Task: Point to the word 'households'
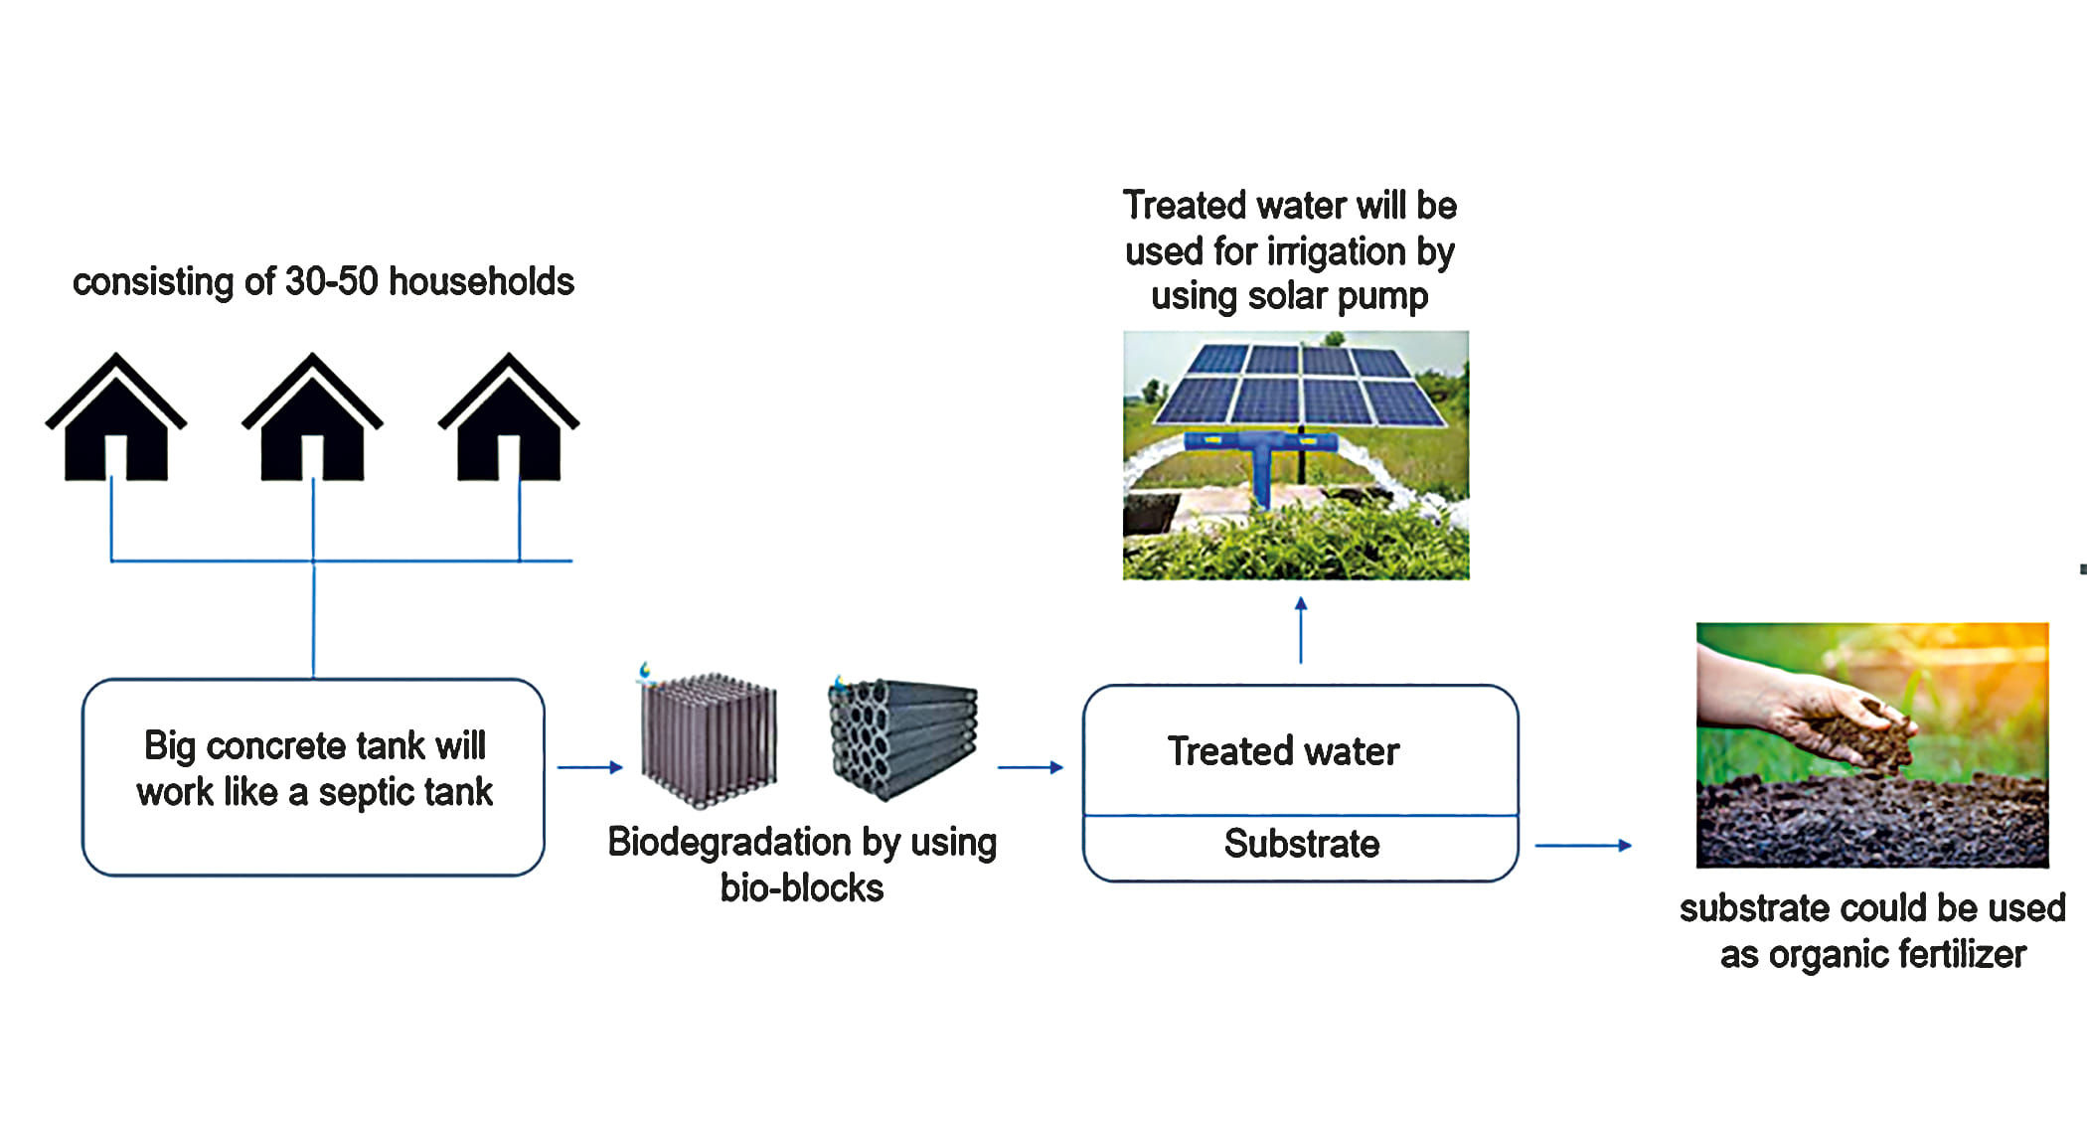click(481, 281)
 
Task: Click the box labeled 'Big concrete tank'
click(313, 776)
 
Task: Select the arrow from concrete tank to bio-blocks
click(589, 767)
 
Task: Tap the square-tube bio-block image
click(709, 739)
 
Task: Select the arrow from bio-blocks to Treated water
click(1031, 767)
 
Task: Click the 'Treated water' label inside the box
click(1283, 751)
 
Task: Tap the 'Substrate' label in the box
click(1301, 844)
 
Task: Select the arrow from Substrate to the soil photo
click(1583, 846)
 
